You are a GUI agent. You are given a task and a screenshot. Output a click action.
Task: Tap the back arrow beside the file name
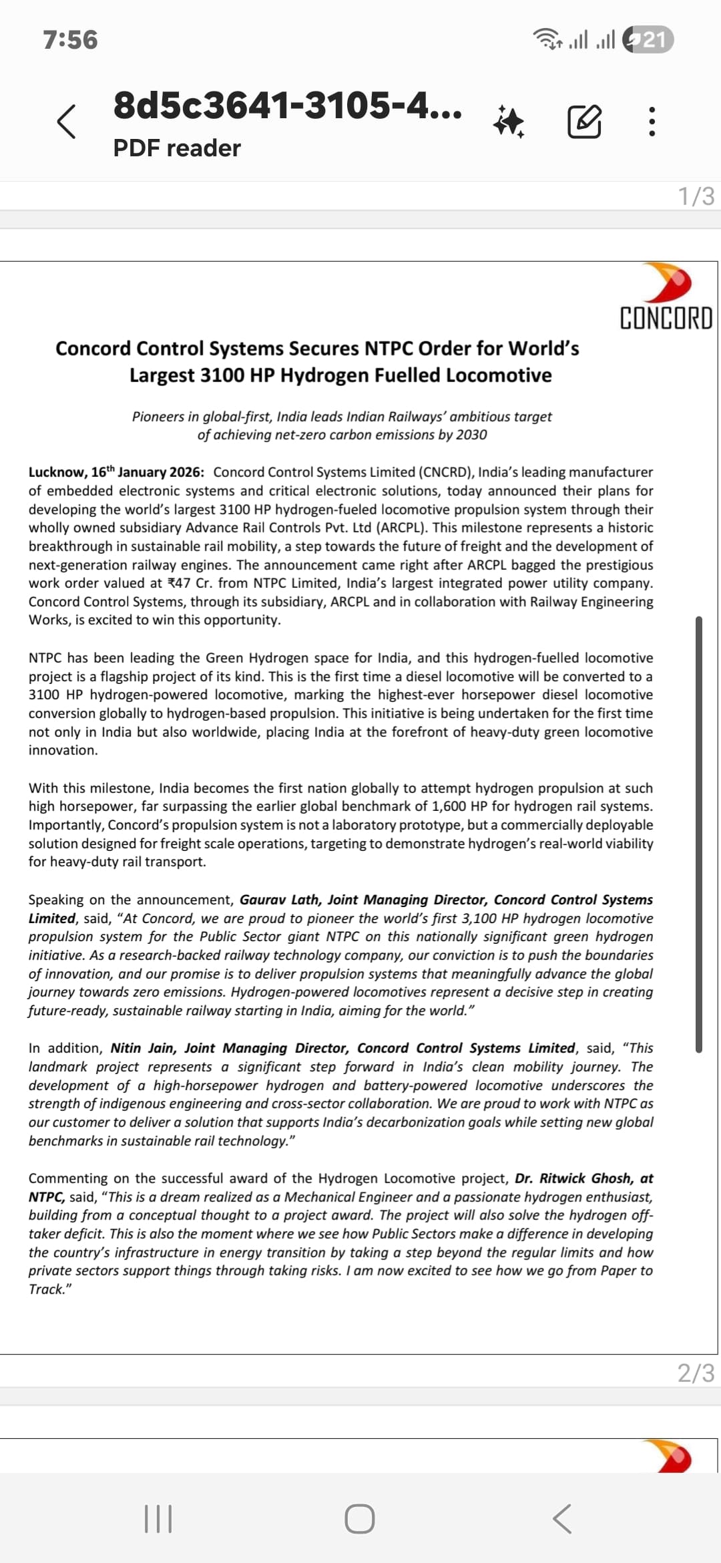[66, 122]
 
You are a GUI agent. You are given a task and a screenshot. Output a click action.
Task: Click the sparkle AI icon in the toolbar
[509, 122]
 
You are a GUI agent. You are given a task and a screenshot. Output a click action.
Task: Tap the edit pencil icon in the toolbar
[584, 122]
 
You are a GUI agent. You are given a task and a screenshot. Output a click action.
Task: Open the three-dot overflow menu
[652, 122]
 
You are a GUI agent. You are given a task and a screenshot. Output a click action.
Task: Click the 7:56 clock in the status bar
[70, 40]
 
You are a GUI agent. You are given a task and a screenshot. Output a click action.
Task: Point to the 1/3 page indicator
[696, 196]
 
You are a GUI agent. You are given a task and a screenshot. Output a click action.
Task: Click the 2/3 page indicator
[696, 1373]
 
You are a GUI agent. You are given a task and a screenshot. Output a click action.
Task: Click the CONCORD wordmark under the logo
[666, 319]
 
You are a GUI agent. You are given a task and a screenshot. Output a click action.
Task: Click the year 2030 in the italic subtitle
[471, 435]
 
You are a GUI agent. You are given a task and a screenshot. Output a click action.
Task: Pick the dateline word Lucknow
[57, 472]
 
